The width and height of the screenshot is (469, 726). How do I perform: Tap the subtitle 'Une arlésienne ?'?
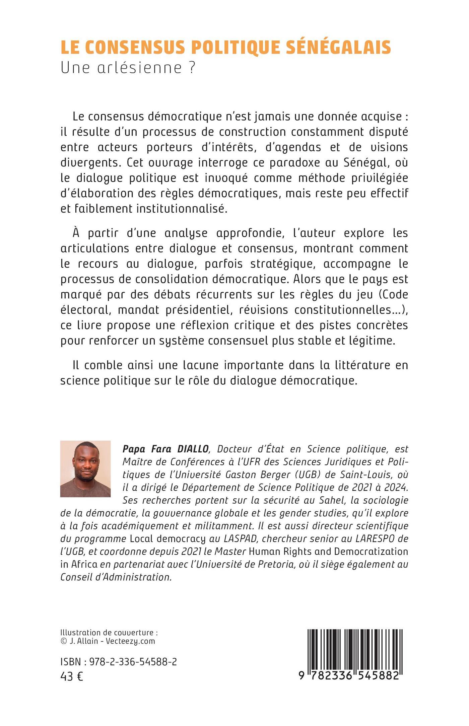point(128,68)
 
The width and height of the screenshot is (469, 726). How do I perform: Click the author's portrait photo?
point(85,469)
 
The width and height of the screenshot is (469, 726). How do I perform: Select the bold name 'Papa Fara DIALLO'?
point(166,449)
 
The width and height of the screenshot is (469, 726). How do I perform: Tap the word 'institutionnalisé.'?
point(182,209)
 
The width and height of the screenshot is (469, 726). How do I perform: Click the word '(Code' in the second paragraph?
point(392,295)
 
